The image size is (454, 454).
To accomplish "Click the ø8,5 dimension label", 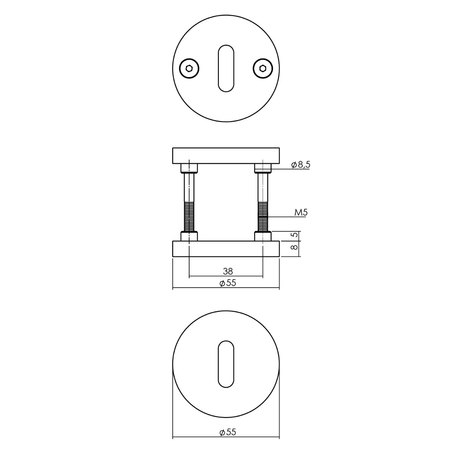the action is (x=301, y=165).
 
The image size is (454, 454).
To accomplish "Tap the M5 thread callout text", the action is (x=301, y=213).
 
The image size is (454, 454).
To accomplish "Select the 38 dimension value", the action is (x=228, y=271).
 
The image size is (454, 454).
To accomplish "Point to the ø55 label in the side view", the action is (x=228, y=283).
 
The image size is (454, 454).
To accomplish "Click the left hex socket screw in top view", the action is (x=189, y=68).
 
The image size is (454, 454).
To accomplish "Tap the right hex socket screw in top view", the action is (x=263, y=68).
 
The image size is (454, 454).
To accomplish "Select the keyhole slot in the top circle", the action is (x=226, y=68).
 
